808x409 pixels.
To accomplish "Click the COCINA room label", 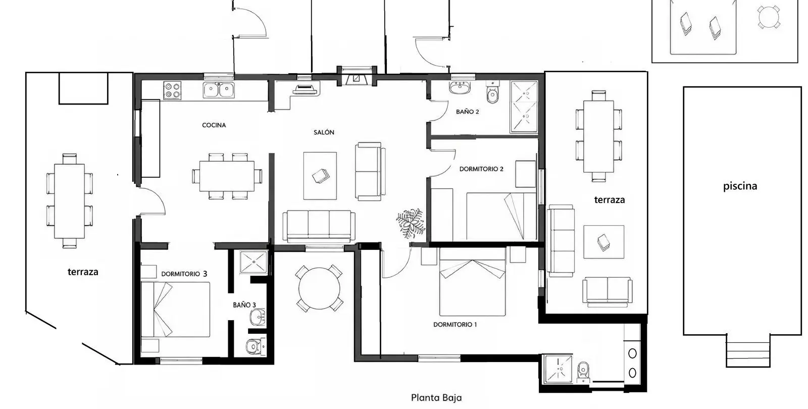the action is click(214, 125).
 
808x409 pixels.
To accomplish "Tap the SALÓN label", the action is click(324, 132).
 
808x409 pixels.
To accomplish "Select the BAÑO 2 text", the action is click(468, 112).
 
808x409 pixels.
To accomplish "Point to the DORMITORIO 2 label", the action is click(481, 169).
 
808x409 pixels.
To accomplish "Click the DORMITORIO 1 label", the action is click(455, 325).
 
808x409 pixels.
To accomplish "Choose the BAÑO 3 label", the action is click(244, 305).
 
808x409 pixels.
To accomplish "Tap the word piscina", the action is click(740, 186).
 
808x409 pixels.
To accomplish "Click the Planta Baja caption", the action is click(436, 398).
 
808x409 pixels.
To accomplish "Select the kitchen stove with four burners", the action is click(172, 90).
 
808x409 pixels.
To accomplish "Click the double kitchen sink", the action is click(219, 90).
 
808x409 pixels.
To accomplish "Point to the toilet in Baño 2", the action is click(492, 92).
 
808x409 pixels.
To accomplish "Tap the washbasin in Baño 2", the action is click(460, 88).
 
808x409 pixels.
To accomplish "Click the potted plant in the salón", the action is click(411, 223).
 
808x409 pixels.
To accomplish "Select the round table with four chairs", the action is click(319, 288).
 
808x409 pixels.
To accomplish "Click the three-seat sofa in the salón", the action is click(319, 226).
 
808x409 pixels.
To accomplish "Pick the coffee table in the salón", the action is click(320, 176).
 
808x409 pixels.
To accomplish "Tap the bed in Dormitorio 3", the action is click(175, 310).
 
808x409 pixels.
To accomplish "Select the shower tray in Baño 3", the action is click(254, 262).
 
